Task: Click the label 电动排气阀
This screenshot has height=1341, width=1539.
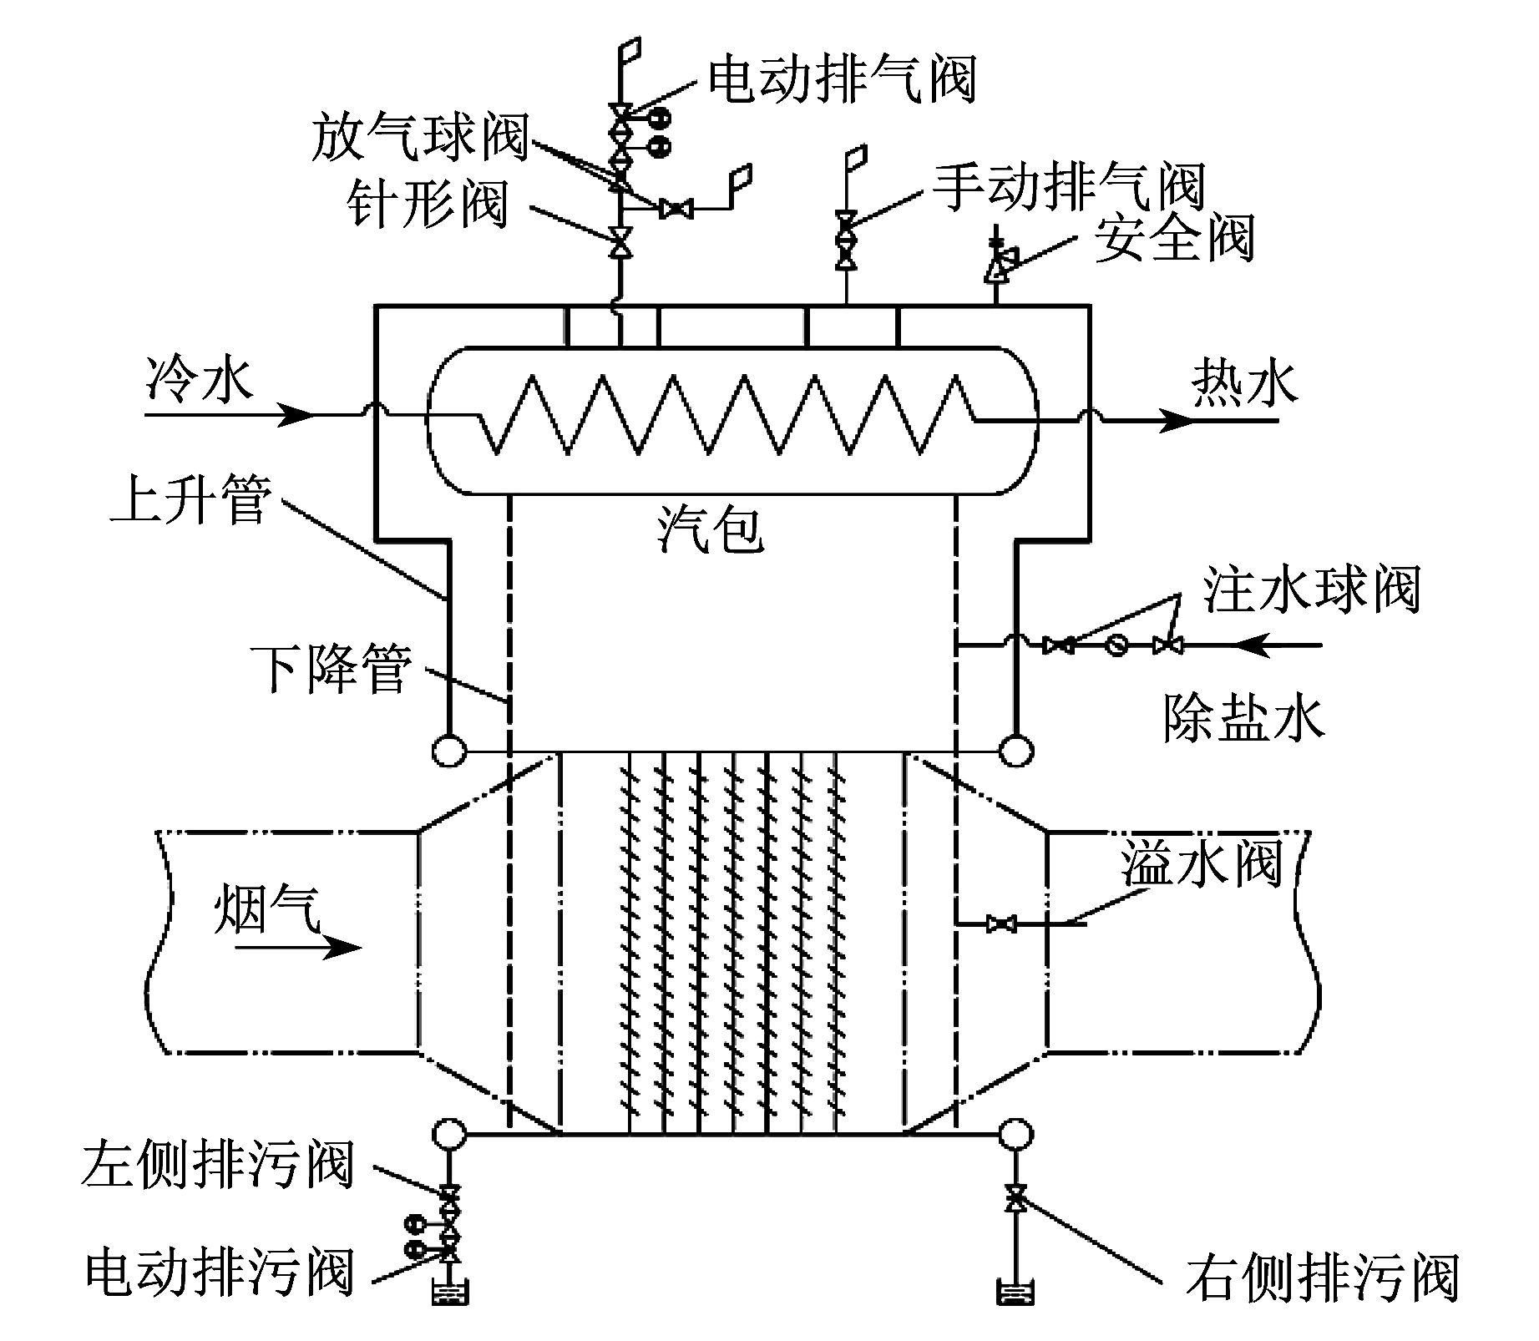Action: point(842,79)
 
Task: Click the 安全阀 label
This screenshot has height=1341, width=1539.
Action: point(1174,238)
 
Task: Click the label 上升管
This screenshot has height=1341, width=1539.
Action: point(191,501)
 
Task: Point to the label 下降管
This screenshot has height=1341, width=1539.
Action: point(332,668)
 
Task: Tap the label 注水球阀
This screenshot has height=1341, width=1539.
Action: point(1312,590)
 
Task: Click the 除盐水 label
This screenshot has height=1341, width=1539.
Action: point(1243,718)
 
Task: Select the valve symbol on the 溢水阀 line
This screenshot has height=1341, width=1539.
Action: point(1001,924)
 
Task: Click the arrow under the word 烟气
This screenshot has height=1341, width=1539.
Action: point(299,948)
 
